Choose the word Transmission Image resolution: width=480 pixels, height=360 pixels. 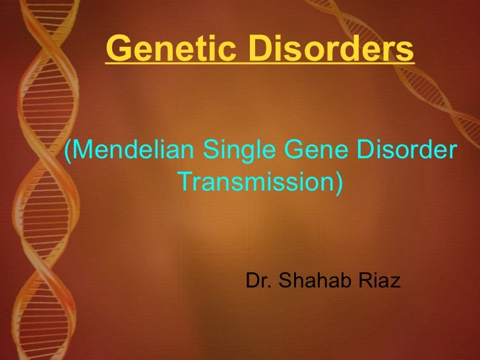click(x=256, y=181)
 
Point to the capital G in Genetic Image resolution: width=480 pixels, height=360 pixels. click(x=116, y=47)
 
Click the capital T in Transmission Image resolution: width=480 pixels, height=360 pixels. click(x=185, y=181)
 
